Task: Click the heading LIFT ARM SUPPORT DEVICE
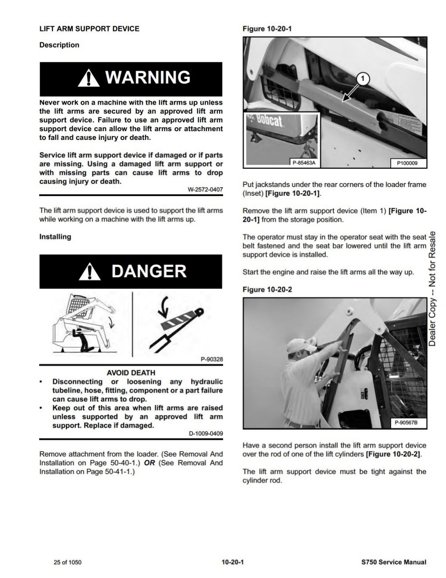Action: coord(89,29)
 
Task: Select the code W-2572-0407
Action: coord(205,190)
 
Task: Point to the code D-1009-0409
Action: coord(206,434)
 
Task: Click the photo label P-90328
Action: coord(212,360)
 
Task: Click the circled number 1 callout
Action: coord(363,78)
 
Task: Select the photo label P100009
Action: coord(407,163)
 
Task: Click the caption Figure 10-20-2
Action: coord(267,289)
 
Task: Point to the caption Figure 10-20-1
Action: coord(267,29)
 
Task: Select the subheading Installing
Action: coord(55,237)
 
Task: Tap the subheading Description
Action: coord(59,45)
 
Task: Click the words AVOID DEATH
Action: coord(131,373)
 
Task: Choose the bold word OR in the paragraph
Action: coord(149,463)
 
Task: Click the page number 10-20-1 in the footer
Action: coord(233,562)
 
